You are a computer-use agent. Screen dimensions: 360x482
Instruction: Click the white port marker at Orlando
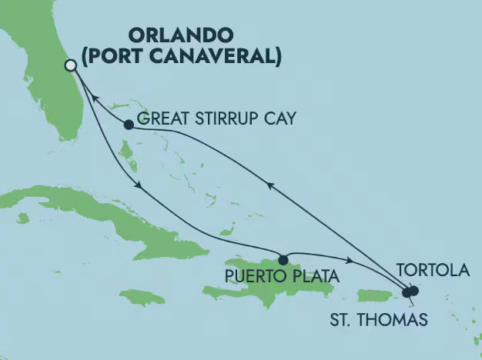click(71, 66)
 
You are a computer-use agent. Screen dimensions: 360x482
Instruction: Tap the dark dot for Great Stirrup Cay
click(129, 124)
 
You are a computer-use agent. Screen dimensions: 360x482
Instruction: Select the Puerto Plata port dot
click(283, 259)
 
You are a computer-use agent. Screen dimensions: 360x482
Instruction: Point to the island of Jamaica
click(142, 297)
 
